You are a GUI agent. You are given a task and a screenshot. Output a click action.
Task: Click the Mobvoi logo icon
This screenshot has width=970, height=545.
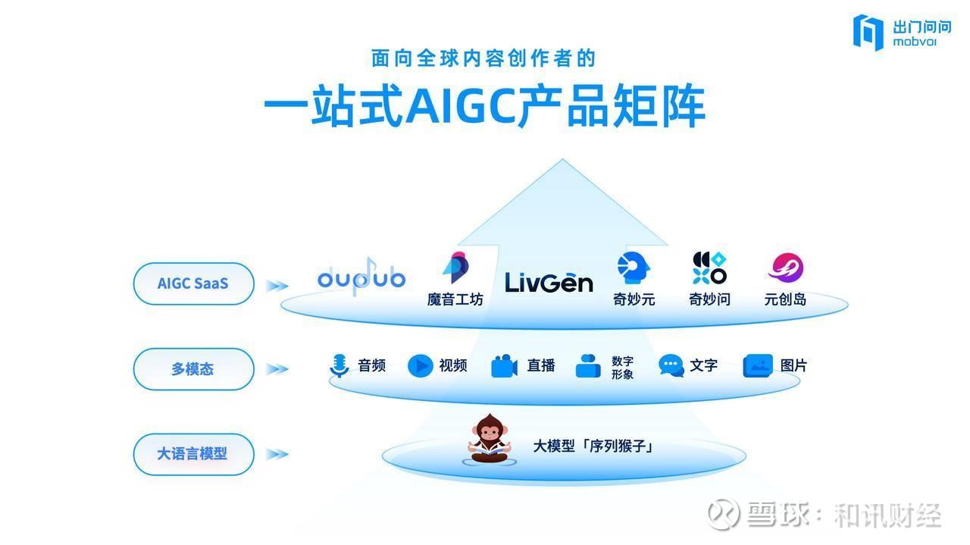point(868,33)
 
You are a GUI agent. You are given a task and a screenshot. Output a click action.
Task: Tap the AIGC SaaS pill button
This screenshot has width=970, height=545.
point(193,283)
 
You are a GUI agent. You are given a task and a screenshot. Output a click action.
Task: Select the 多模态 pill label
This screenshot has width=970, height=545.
point(193,369)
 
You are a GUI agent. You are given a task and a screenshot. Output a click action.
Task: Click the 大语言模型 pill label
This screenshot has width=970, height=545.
point(193,454)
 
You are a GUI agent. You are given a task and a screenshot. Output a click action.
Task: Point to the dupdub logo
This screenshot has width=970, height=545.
point(361,277)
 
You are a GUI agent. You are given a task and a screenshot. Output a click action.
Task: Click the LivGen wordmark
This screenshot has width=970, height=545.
point(549,283)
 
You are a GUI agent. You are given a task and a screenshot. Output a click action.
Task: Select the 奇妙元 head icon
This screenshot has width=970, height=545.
point(633,268)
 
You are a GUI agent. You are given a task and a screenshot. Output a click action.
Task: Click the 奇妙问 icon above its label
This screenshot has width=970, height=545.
point(709,268)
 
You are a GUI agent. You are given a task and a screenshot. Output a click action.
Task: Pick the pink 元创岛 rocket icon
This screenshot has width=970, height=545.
point(786,268)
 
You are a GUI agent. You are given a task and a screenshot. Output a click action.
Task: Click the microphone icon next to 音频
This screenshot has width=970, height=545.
point(339,365)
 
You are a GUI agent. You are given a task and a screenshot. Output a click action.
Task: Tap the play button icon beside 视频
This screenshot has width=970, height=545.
point(420,365)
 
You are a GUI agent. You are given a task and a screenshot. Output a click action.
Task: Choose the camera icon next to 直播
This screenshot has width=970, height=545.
point(504,366)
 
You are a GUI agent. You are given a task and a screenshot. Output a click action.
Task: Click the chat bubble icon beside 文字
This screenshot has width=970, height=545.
point(671,365)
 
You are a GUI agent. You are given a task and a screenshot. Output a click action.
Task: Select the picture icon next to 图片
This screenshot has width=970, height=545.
point(757,365)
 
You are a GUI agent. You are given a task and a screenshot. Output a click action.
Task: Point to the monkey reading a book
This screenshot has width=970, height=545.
point(490,439)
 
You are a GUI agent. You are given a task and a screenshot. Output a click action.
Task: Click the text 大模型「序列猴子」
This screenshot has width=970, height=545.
point(593,446)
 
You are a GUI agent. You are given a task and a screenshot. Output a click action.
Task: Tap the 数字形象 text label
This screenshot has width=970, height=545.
point(622,368)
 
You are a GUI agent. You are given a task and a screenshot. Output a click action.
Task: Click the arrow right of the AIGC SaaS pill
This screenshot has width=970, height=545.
point(277,286)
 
